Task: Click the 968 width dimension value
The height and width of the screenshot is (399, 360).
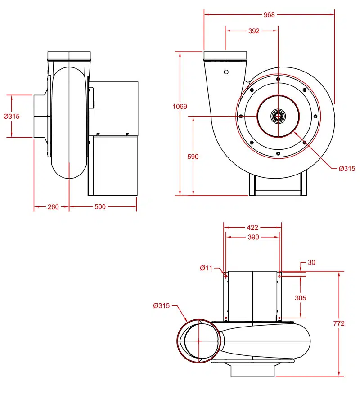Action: pos(269,15)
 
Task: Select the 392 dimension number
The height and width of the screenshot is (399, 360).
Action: pos(254,31)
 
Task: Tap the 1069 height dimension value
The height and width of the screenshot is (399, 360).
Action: pos(180,107)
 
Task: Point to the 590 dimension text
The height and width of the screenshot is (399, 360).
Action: pos(193,157)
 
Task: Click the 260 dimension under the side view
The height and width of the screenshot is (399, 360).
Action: pos(53,207)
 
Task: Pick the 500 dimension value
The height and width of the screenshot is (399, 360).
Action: pos(100,207)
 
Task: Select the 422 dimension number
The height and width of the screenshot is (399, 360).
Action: pos(253,228)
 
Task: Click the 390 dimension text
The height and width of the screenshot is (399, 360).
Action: pos(253,237)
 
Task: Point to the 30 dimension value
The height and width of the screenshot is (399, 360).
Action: pos(312,262)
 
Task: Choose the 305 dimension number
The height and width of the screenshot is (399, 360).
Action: pos(300,298)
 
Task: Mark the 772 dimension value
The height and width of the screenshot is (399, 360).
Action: pos(338,323)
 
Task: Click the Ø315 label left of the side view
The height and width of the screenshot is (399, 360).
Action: pos(11,116)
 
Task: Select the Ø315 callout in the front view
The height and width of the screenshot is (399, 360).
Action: pos(347,169)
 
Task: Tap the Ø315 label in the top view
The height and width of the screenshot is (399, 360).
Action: pos(161,306)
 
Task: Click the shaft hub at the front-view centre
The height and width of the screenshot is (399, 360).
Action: pos(278,117)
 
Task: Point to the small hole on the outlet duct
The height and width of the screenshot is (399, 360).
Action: pos(226,72)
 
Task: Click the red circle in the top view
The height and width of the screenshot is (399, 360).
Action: pos(178,341)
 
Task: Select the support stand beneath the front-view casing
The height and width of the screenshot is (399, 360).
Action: pos(278,185)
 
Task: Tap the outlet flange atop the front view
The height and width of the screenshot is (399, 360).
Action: pos(225,56)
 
